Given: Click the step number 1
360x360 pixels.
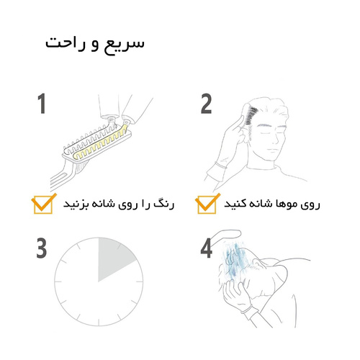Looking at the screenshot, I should [41, 104].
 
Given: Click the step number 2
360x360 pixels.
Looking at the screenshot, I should [206, 104].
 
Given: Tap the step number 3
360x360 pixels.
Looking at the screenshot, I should [42, 248].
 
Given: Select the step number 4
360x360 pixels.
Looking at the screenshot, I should [207, 248].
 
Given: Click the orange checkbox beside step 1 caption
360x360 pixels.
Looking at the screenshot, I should [43, 204].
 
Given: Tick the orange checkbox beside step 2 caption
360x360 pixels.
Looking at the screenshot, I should [208, 204].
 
